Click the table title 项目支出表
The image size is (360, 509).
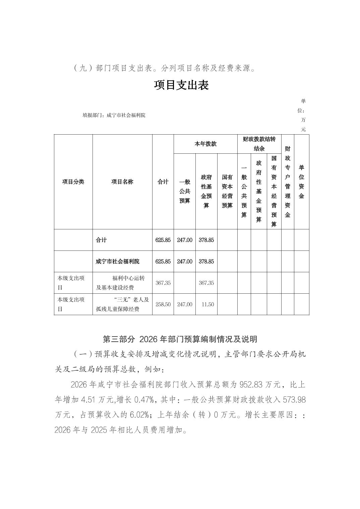181,85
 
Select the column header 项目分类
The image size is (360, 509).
73,182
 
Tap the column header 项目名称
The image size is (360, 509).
122,182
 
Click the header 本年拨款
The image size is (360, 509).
205,144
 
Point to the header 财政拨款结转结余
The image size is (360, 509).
259,144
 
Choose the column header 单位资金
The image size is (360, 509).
301,182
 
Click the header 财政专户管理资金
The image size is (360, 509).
288,182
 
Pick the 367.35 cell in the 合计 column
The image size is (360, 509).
163,283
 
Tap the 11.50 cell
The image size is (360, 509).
208,304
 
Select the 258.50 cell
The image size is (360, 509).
163,304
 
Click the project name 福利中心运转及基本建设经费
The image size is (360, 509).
122,283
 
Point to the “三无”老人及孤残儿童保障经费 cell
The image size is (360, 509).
122,304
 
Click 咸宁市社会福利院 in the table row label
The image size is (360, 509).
117,262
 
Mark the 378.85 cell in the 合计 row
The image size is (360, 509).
206,240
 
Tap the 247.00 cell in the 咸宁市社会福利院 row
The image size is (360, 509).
185,262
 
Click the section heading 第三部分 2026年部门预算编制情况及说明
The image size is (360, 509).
180,339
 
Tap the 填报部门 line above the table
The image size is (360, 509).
114,116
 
